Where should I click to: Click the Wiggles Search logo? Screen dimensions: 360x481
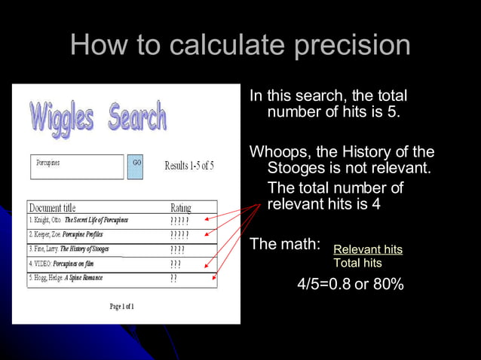point(98,118)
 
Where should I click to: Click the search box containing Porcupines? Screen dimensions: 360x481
point(77,166)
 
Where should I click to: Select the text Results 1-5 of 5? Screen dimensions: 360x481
point(188,166)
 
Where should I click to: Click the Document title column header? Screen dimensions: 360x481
point(52,207)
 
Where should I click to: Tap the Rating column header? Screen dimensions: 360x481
point(181,207)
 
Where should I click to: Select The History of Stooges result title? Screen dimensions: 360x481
point(84,249)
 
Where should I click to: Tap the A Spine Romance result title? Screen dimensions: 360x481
point(83,278)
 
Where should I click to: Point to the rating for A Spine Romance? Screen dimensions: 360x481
point(173,278)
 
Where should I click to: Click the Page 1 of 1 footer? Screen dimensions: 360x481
point(121,307)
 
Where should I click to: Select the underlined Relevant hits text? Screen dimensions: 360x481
point(368,249)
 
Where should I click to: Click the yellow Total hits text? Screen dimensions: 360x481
point(357,263)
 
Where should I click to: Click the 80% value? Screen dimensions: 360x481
point(388,285)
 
